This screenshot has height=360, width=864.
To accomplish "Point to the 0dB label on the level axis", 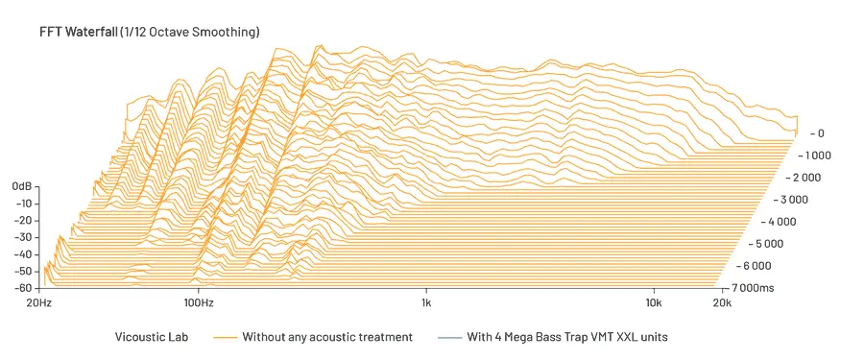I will coord(23,185).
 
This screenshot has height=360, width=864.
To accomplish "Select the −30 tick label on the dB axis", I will coord(24,236).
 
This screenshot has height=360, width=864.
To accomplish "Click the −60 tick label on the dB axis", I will coord(24,287).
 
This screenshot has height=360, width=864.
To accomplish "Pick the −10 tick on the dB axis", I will coord(24,203).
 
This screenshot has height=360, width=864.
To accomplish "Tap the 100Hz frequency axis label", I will coord(199,303).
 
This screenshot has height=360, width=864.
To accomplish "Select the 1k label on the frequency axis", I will coord(426,303).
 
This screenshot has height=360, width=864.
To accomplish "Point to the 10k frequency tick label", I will coord(653,303).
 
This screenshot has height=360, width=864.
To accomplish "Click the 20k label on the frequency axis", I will coord(722,303).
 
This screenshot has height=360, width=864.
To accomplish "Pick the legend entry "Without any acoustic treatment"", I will coord(327,337).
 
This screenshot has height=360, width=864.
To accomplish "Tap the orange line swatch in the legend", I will coord(225,338).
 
